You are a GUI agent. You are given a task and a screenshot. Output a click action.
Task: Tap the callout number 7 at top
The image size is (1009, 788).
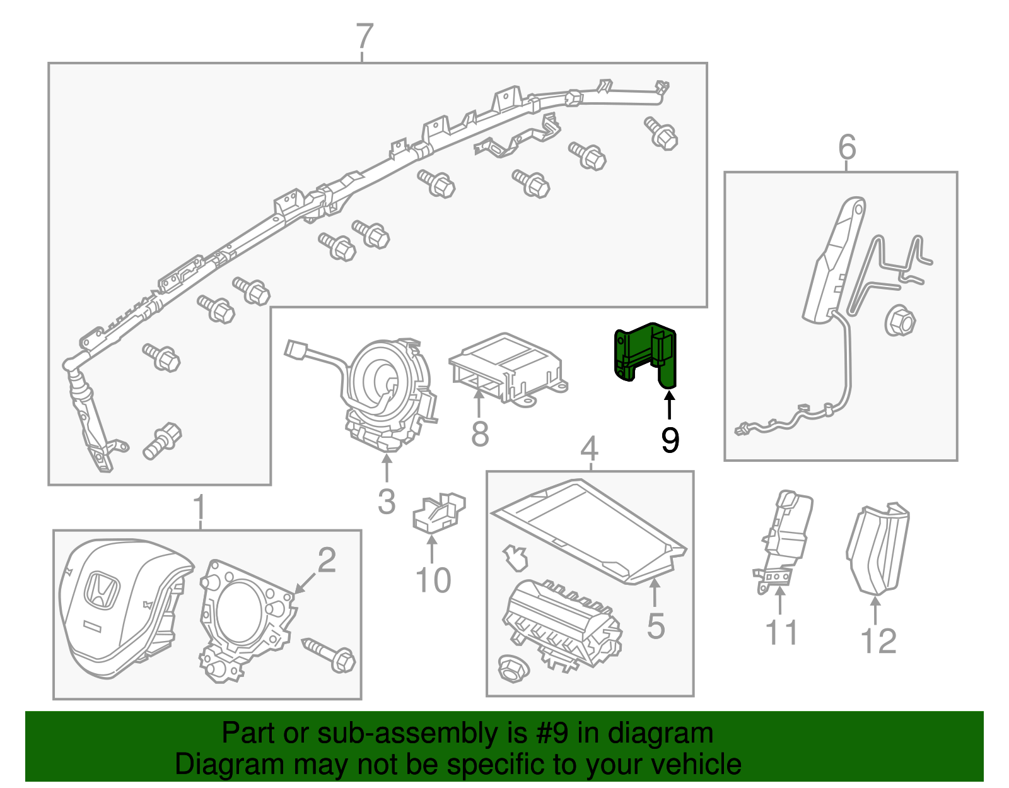[365, 37]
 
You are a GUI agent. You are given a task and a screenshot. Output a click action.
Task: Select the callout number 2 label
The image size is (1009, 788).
[327, 560]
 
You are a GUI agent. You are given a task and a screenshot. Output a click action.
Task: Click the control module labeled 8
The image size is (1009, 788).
[504, 369]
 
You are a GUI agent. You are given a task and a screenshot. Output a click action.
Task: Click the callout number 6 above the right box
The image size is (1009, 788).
[847, 147]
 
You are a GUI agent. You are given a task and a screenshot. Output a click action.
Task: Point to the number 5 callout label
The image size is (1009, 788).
[656, 625]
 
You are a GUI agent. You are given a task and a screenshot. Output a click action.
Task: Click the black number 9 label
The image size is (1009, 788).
[670, 440]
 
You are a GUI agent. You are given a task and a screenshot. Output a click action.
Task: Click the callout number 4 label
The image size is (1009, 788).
[588, 449]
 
